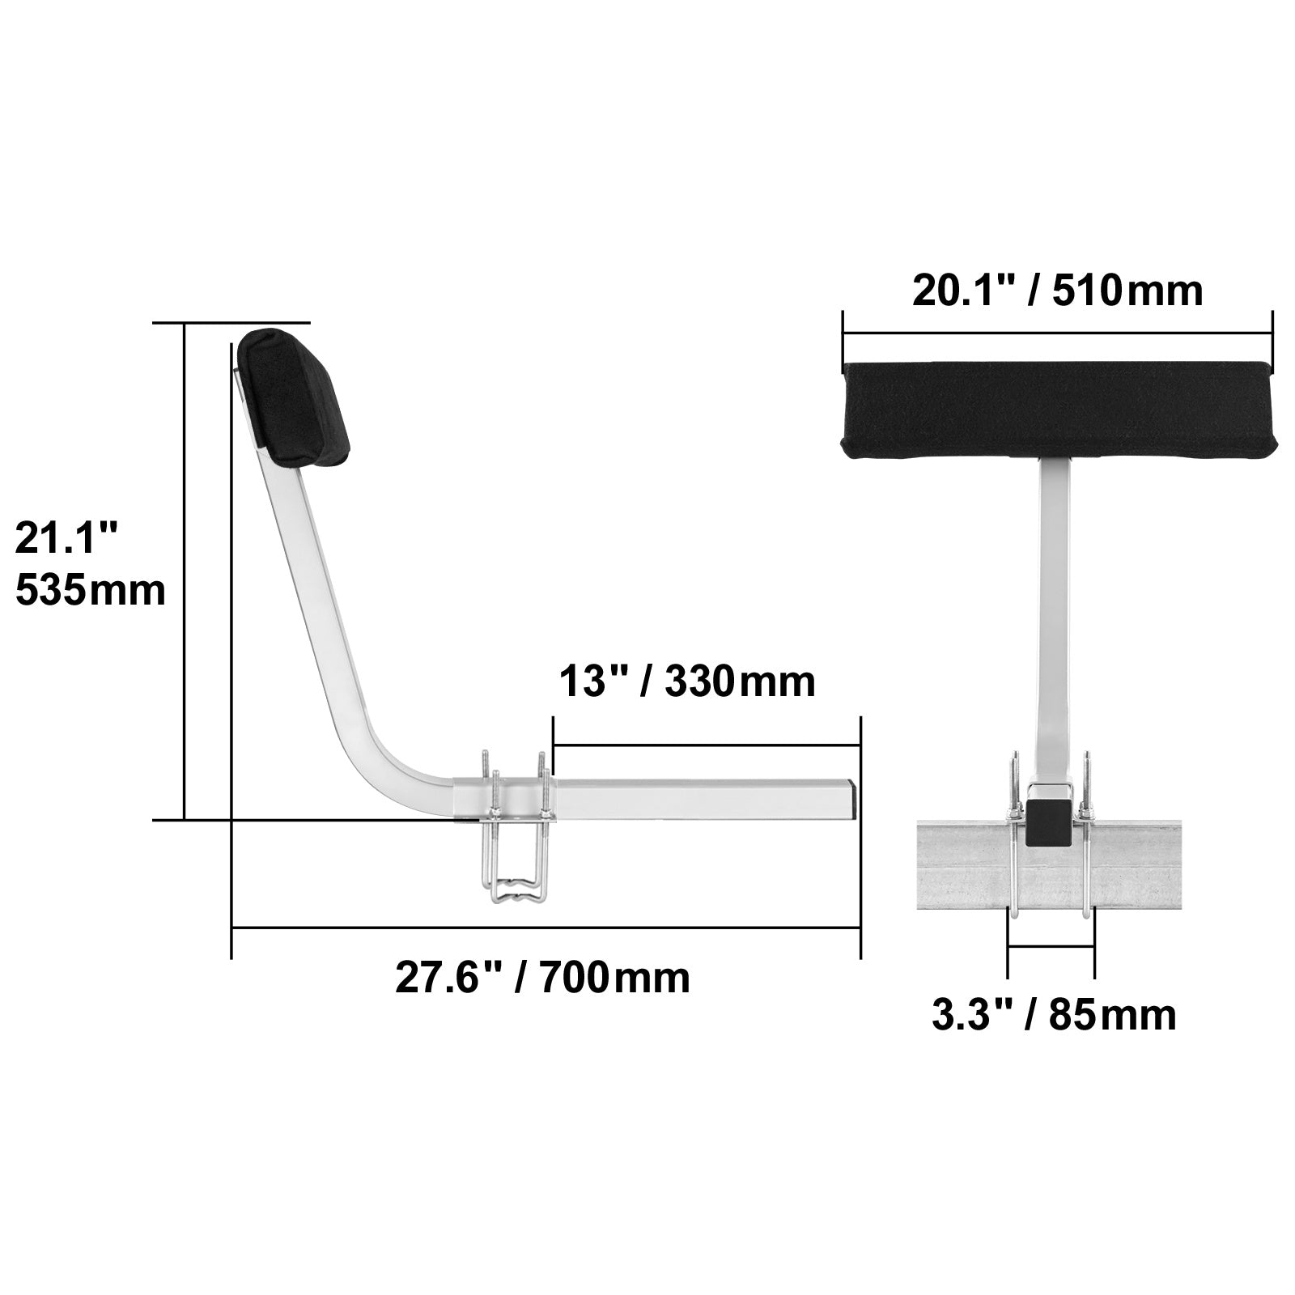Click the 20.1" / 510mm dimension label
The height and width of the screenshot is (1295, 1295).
click(x=1057, y=291)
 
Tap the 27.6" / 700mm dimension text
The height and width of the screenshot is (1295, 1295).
click(x=542, y=978)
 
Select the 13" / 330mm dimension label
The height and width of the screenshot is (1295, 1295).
click(x=687, y=681)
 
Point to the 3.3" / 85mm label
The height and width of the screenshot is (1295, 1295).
click(x=1053, y=1015)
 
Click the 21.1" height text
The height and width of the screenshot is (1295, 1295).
click(x=67, y=538)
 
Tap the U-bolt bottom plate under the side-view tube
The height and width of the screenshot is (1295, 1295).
click(x=518, y=893)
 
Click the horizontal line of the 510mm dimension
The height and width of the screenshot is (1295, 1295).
click(x=1057, y=333)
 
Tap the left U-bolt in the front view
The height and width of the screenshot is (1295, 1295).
click(x=1011, y=842)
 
